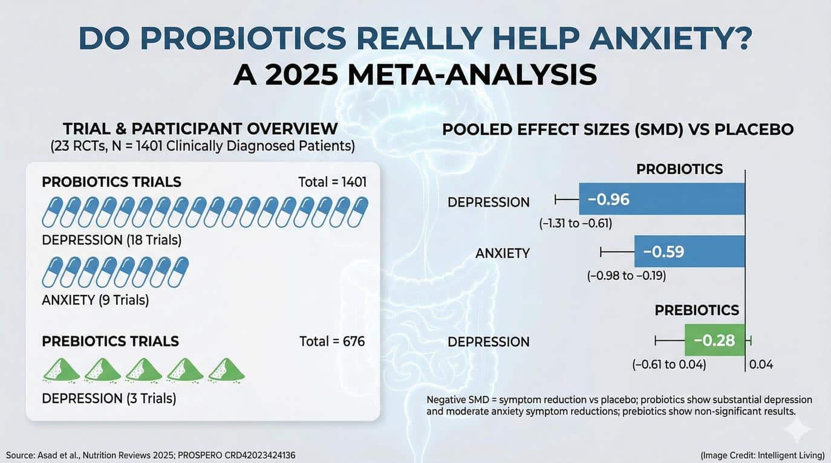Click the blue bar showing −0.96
pyautogui.click(x=662, y=199)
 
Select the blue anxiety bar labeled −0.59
pyautogui.click(x=689, y=251)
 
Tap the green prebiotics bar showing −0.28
pyautogui.click(x=714, y=340)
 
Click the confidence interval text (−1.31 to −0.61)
pyautogui.click(x=576, y=224)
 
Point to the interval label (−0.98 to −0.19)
pyautogui.click(x=627, y=276)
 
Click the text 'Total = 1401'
pyautogui.click(x=333, y=183)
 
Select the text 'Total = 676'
pyautogui.click(x=332, y=342)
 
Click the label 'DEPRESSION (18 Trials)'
pyautogui.click(x=112, y=240)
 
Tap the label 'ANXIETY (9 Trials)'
pyautogui.click(x=96, y=300)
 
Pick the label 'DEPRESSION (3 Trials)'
pyautogui.click(x=109, y=398)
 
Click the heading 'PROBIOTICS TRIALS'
pyautogui.click(x=111, y=183)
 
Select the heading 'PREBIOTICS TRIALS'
pyautogui.click(x=111, y=342)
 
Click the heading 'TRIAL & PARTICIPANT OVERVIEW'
pyautogui.click(x=200, y=129)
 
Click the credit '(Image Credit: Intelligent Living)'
pyautogui.click(x=761, y=454)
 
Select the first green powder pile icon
pyautogui.click(x=60, y=370)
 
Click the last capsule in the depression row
pyautogui.click(x=357, y=212)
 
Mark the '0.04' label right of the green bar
pyautogui.click(x=761, y=364)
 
